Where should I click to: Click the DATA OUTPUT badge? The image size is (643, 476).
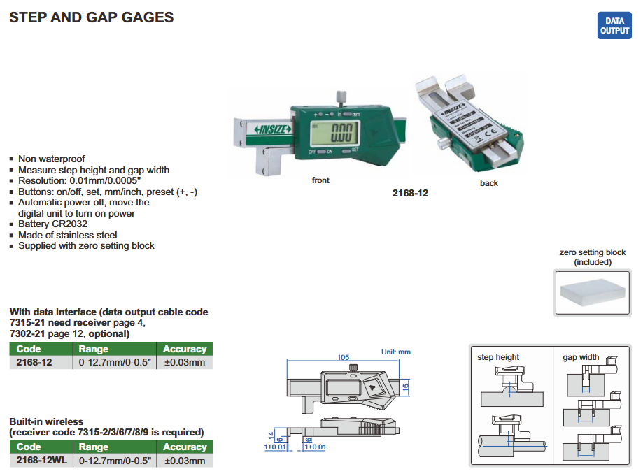tap(614, 26)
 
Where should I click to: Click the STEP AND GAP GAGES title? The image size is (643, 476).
tap(91, 17)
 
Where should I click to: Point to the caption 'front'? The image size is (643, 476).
tap(320, 180)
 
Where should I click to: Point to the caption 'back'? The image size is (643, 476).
tap(489, 183)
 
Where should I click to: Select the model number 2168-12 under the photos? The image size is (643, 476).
tap(410, 193)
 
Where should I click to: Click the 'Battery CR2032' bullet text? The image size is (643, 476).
tap(53, 224)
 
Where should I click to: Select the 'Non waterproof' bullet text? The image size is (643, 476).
tap(51, 159)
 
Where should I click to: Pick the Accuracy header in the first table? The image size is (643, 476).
tap(185, 349)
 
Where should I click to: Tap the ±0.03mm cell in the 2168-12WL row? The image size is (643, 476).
tap(185, 461)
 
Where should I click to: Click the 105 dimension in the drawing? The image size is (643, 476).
tap(343, 357)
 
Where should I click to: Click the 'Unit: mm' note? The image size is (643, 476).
tap(395, 352)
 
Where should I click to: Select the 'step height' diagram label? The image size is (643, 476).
tap(498, 357)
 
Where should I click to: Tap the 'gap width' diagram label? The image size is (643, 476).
tap(581, 357)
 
